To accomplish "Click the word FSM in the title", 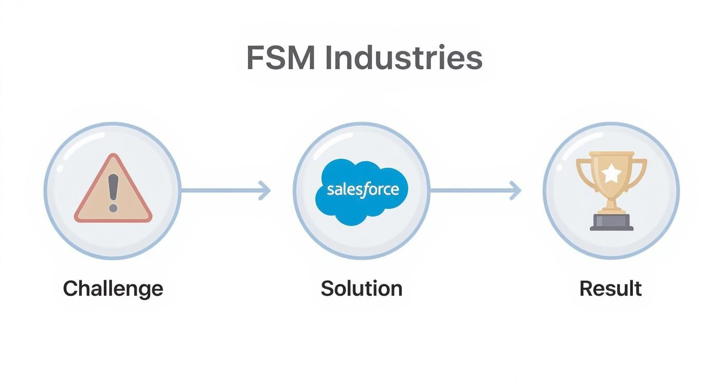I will pos(280,57).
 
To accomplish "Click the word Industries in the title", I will pos(404,57).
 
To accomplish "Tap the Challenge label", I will pos(113,288).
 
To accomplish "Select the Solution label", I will pos(361,288).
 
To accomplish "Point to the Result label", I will pos(610,288).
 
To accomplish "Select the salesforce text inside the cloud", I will pos(363,189).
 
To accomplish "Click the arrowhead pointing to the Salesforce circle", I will pos(265,190).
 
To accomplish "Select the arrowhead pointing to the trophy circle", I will pos(516,190).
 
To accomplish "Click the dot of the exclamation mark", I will pos(113,207).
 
